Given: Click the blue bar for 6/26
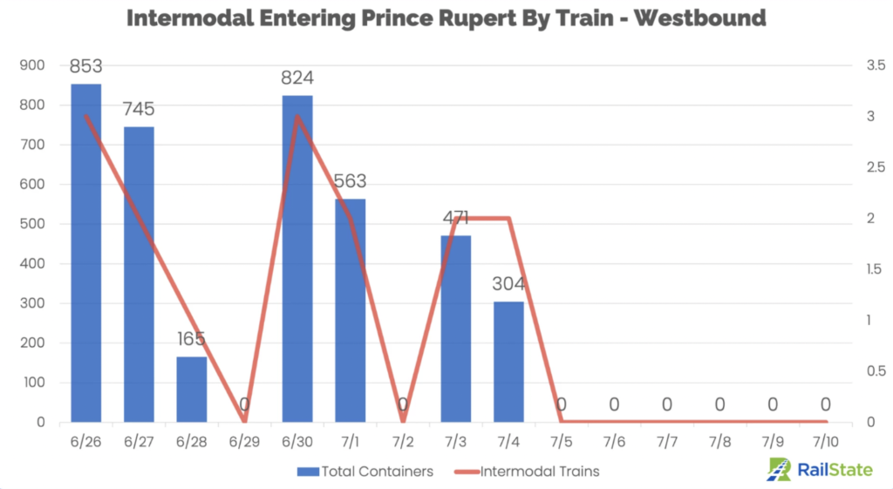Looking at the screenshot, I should point(85,253).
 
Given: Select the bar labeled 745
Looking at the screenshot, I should point(139,274).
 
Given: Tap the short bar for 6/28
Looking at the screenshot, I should point(192,389).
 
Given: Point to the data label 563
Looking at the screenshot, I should point(350,181).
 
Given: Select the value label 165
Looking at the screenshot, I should point(192,339).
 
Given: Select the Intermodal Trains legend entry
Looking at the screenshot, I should point(527,472).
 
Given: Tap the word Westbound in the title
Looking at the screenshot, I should point(699,18).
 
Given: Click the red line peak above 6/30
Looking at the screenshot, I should point(297,116).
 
